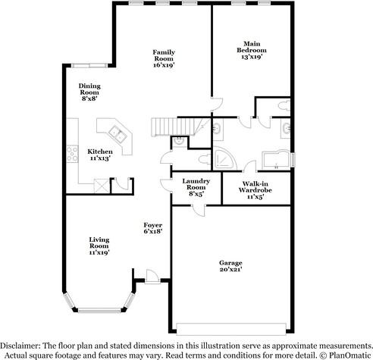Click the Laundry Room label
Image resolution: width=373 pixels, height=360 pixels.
195,185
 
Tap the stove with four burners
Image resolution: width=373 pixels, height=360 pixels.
72,155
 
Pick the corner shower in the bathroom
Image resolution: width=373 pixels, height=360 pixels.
224,158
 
